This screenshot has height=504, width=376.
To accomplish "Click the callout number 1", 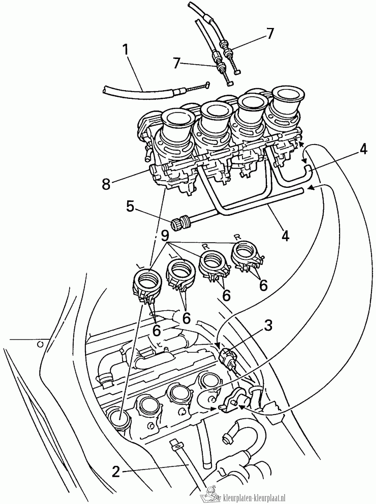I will click(x=125, y=51).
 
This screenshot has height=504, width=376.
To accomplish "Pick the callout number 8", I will click(x=106, y=184).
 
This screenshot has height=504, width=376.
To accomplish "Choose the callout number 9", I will click(x=165, y=236).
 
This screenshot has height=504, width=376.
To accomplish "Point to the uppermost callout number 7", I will click(x=269, y=33).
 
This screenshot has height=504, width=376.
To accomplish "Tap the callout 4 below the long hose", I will click(x=285, y=235).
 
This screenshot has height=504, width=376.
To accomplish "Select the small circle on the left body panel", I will click(x=40, y=344).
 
